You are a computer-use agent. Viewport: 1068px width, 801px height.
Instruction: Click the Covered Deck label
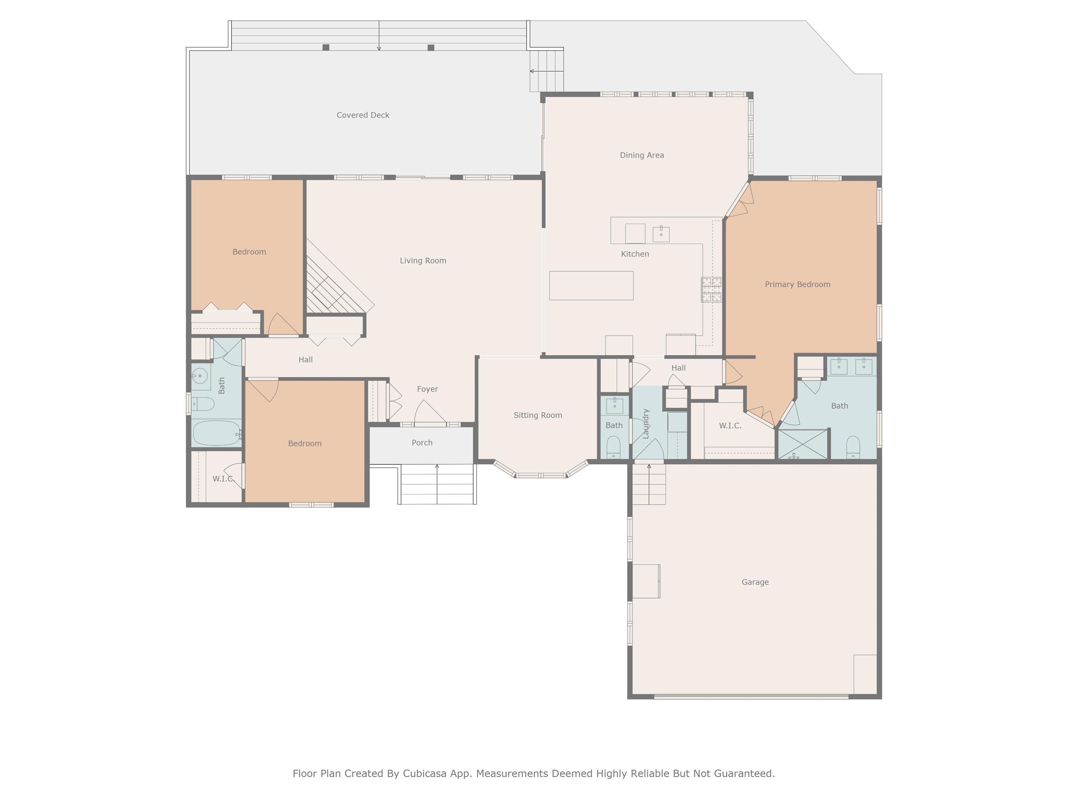point(363,115)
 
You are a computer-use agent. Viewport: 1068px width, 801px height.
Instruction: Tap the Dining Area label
point(642,155)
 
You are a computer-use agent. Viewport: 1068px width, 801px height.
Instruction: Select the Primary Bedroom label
point(798,284)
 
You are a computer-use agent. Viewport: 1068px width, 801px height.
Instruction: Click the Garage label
point(755,582)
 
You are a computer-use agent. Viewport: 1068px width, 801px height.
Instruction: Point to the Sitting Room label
point(538,415)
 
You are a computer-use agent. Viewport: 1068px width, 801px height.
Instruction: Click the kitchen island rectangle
point(591,285)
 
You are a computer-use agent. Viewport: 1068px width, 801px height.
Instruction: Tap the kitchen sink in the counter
point(661,234)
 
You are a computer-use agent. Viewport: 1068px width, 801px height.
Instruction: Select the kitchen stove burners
point(712,290)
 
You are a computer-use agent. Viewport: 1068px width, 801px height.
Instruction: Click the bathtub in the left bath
point(216,433)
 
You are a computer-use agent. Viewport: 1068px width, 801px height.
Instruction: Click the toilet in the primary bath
point(853,447)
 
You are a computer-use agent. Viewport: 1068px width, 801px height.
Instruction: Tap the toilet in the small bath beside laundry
point(613,447)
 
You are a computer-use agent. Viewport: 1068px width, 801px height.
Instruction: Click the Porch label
point(422,443)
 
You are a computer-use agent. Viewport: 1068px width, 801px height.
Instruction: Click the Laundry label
point(646,423)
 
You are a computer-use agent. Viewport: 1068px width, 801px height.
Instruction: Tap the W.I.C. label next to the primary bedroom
point(730,426)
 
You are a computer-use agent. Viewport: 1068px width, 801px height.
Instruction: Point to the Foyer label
point(427,389)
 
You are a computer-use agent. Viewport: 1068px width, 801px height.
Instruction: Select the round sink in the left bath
point(200,375)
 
